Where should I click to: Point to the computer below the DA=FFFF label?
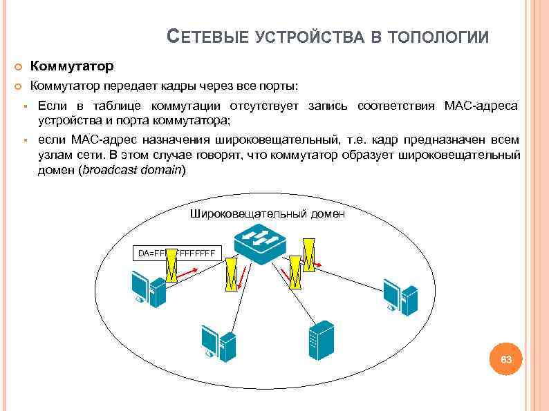click(149, 287)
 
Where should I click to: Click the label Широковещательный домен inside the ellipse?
click(267, 214)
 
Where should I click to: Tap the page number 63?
click(506, 360)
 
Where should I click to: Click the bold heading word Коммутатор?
click(72, 67)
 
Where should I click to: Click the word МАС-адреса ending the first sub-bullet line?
click(482, 106)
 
